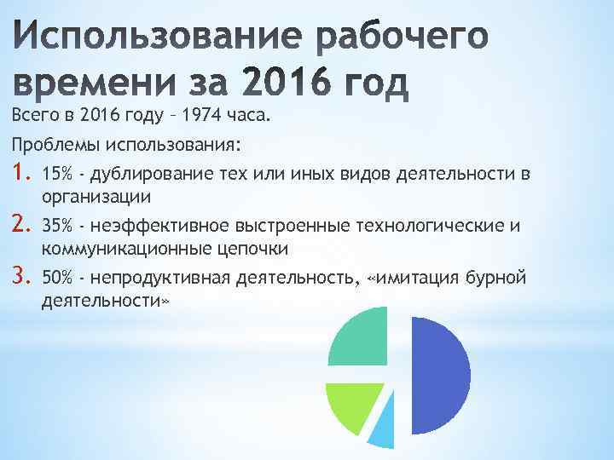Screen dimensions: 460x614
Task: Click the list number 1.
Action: pyautogui.click(x=20, y=175)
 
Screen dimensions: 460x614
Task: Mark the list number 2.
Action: pyautogui.click(x=20, y=226)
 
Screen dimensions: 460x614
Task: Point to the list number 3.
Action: pyautogui.click(x=20, y=277)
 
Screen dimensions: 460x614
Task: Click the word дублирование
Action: pyautogui.click(x=146, y=175)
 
